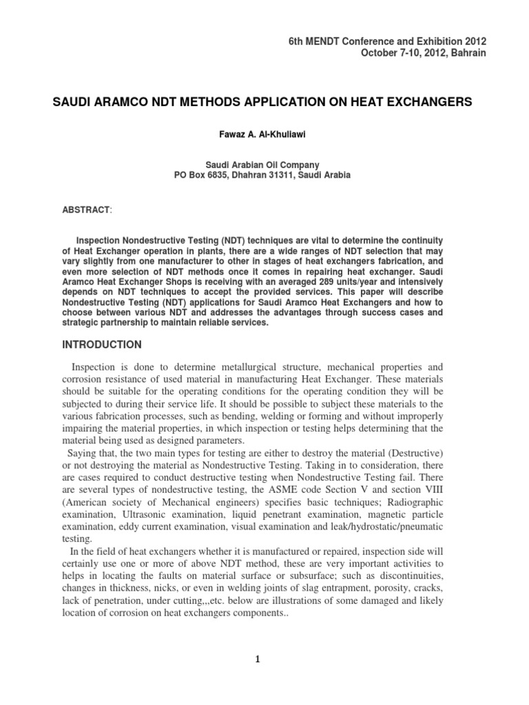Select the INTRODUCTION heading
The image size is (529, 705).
click(x=102, y=344)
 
